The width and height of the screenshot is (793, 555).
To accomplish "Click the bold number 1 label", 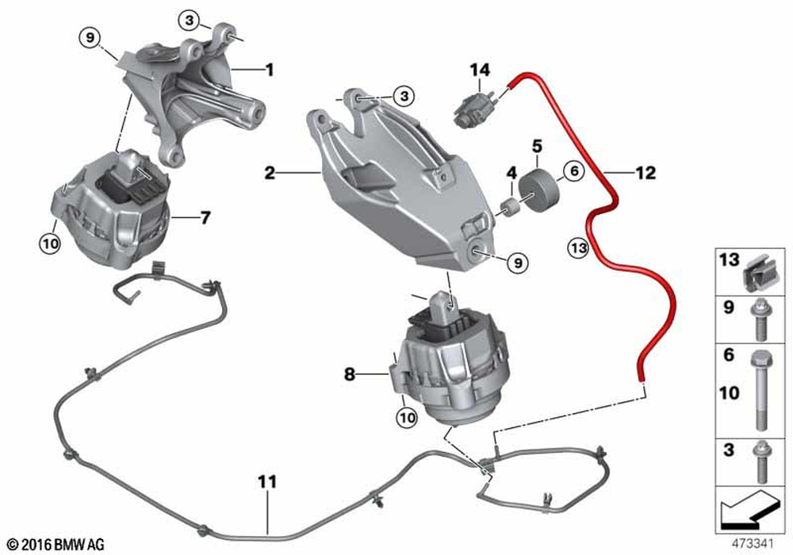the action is [x=270, y=70].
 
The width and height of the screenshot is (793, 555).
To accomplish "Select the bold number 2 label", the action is [x=270, y=173].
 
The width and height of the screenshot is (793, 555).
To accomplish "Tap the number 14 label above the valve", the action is [x=480, y=70].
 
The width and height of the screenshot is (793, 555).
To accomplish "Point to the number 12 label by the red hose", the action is [x=645, y=173].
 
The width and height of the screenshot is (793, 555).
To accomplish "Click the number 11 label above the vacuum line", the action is [x=267, y=482].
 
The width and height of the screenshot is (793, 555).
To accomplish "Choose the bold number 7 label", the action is [x=205, y=218].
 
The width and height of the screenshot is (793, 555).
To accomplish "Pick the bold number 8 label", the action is [x=350, y=374].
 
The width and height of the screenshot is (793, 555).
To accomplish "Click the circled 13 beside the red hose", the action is [x=578, y=247].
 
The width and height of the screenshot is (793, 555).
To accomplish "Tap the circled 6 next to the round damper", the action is [x=574, y=171].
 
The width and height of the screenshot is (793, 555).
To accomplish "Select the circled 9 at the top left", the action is [x=90, y=38].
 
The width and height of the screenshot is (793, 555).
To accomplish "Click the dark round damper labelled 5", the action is [x=538, y=192].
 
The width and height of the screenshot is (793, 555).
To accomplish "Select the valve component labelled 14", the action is [x=474, y=107].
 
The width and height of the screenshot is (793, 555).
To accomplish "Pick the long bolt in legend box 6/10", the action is [x=762, y=390].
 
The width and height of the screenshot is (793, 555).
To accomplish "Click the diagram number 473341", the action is [x=752, y=544].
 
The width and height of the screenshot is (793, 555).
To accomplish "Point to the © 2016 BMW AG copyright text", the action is [x=56, y=545].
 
